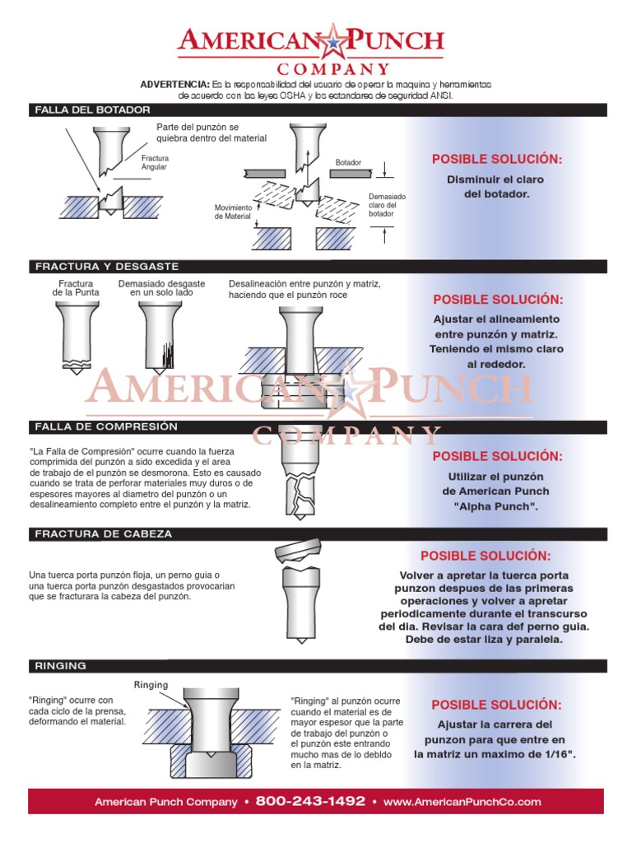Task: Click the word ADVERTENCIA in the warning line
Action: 175,85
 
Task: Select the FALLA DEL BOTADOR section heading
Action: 91,109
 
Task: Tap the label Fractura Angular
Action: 155,162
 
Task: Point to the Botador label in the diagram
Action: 348,162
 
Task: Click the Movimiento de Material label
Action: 233,212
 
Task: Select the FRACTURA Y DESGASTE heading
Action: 106,267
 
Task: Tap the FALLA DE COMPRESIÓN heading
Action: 106,426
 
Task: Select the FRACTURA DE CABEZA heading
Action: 104,533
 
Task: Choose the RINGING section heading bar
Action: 60,665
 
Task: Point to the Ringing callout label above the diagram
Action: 151,685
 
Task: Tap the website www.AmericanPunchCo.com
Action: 462,801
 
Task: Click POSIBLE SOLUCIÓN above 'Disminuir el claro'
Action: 497,159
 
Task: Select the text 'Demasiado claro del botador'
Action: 387,206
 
